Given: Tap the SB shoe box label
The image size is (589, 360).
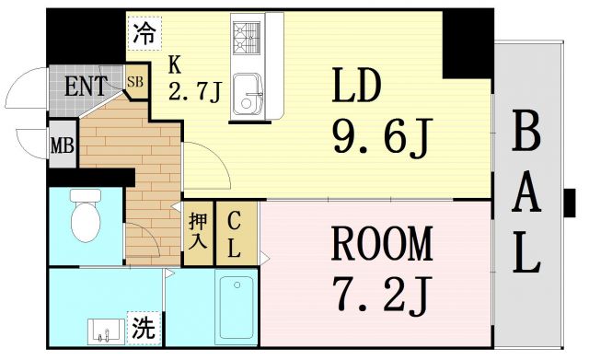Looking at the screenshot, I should [x=135, y=82].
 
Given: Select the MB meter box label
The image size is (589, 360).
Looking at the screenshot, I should [x=63, y=145].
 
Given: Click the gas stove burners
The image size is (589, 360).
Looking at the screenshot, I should [x=247, y=38].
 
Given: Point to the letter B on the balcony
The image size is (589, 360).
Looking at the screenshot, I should [x=525, y=134].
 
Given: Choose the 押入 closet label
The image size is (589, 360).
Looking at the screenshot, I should [x=198, y=233].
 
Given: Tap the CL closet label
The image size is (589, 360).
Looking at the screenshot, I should [x=234, y=233].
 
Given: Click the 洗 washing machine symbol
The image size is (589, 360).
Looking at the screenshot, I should [x=143, y=328].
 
